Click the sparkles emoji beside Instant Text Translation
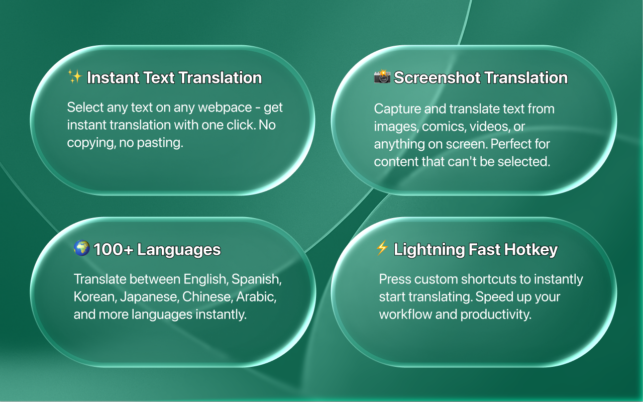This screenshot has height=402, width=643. click(75, 77)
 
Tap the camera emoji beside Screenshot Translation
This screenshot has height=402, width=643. click(382, 77)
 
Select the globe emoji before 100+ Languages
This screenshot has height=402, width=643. click(81, 248)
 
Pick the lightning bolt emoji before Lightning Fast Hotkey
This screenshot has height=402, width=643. click(382, 248)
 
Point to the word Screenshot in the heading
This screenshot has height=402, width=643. click(431, 78)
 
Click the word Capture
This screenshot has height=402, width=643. click(394, 109)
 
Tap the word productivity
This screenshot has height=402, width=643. click(496, 315)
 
